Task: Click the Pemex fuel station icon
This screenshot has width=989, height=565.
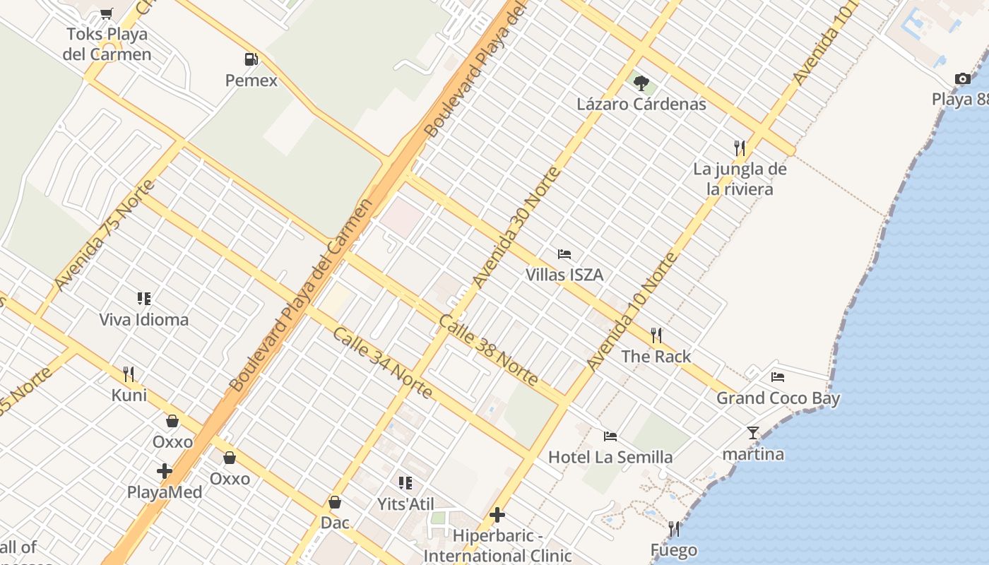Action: pos(251,59)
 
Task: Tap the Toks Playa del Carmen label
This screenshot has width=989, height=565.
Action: pos(107,44)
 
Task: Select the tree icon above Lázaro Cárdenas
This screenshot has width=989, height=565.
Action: pos(641,83)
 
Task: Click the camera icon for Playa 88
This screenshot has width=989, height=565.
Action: pos(962,78)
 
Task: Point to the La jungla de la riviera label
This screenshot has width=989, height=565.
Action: pos(740,179)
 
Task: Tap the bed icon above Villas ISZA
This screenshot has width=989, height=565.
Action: pos(564,254)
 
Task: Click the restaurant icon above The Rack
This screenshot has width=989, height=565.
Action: pos(656,335)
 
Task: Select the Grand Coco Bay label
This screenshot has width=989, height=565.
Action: pos(778,398)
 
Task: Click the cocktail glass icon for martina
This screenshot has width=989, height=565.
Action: pos(753,433)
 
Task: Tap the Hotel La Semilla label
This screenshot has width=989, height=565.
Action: pos(610,457)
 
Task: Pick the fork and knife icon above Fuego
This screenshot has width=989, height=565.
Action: pos(674,529)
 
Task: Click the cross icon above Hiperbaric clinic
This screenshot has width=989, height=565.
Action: pos(497,515)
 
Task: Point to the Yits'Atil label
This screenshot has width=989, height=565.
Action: pos(405,504)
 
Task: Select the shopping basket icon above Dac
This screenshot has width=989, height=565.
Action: pos(335,502)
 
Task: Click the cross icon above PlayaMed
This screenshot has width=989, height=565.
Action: pos(165,471)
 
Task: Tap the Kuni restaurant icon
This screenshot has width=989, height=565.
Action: pos(129,374)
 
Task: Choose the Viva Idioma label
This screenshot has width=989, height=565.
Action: pos(144,320)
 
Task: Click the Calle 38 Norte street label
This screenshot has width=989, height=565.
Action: pos(488,350)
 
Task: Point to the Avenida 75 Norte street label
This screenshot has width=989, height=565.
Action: pos(104,235)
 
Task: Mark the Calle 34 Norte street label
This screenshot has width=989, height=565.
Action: pos(381,362)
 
